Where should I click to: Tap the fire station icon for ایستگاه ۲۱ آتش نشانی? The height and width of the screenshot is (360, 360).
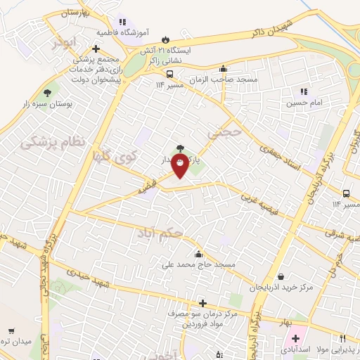166,40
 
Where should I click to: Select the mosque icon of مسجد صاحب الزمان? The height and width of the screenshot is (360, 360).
224,69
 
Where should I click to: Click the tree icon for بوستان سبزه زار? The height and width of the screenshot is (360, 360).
48,92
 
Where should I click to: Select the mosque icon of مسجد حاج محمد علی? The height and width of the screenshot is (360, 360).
199,254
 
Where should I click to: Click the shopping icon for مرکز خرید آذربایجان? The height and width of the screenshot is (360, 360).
281,277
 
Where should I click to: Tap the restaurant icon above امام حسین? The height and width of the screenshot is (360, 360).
304,91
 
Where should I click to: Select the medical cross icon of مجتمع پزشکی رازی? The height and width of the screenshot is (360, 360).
96,49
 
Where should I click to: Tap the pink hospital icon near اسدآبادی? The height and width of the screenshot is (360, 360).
295,339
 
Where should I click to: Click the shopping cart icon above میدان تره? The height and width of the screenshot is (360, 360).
12,330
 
